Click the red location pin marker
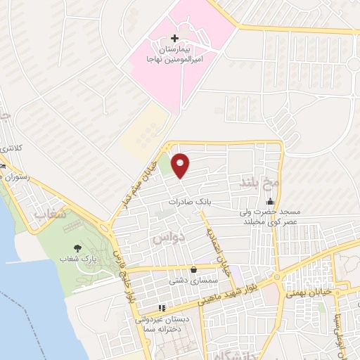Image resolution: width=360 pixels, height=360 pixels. click(x=181, y=165)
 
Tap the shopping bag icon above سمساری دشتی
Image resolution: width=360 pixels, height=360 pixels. click(x=193, y=269)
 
